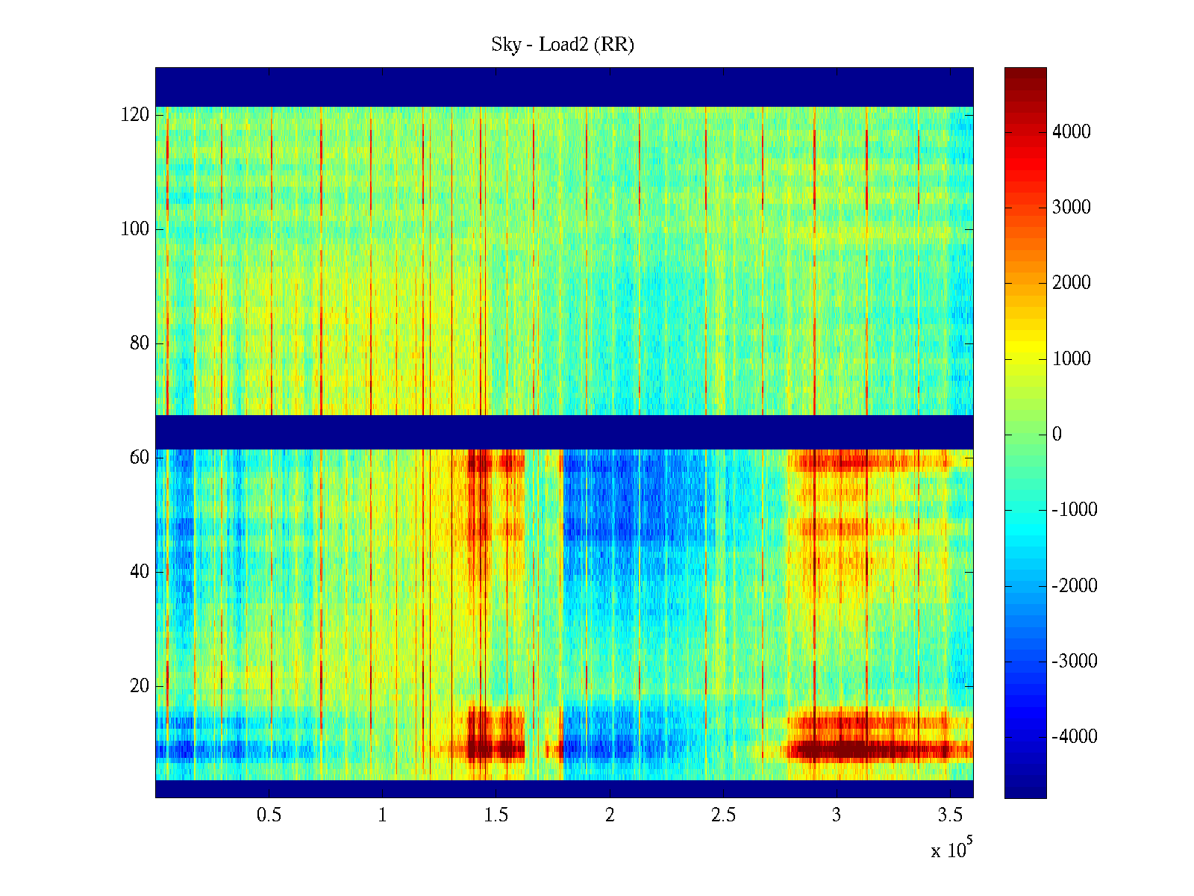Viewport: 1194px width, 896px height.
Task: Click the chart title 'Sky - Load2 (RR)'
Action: pyautogui.click(x=563, y=45)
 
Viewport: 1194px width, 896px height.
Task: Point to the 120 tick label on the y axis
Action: pyautogui.click(x=134, y=115)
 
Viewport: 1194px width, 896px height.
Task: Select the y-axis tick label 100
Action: pyautogui.click(x=134, y=229)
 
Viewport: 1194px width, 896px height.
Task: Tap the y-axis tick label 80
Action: pyautogui.click(x=139, y=343)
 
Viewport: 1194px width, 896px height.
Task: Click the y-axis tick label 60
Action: pyautogui.click(x=139, y=458)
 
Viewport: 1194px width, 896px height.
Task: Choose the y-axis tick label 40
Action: pyautogui.click(x=139, y=572)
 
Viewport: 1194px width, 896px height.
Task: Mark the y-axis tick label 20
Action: pyautogui.click(x=139, y=686)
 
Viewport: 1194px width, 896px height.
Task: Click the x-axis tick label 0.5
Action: pyautogui.click(x=269, y=815)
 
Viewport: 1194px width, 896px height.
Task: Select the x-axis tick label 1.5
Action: pyautogui.click(x=496, y=815)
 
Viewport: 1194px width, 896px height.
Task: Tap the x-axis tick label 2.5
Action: pyautogui.click(x=722, y=815)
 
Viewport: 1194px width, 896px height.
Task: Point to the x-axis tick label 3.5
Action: pyautogui.click(x=949, y=815)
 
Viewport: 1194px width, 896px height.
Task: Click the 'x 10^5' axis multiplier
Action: pyautogui.click(x=951, y=849)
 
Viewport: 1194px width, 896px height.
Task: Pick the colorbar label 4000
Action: pyautogui.click(x=1071, y=132)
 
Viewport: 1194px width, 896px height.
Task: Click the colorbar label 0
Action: pyautogui.click(x=1057, y=435)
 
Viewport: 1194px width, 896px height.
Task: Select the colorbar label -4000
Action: pyautogui.click(x=1074, y=737)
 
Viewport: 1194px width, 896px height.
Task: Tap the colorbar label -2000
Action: pyautogui.click(x=1074, y=585)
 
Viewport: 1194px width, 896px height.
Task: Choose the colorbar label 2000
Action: pyautogui.click(x=1071, y=283)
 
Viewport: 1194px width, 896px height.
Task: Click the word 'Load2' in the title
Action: pyautogui.click(x=563, y=45)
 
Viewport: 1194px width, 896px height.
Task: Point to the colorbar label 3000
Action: pyautogui.click(x=1071, y=208)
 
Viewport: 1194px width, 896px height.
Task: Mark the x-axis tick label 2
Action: pyautogui.click(x=610, y=815)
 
